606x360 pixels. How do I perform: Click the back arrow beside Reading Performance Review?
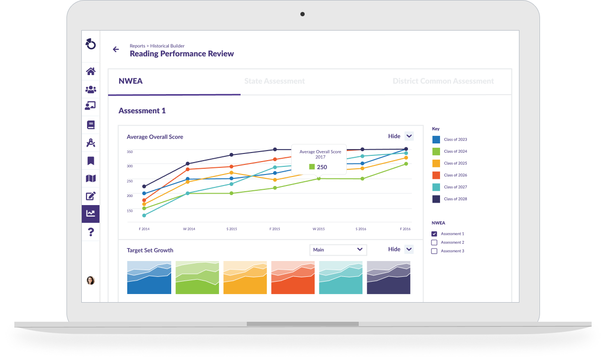click(116, 49)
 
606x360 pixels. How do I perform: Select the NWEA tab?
click(131, 81)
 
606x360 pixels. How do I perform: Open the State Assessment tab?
click(275, 81)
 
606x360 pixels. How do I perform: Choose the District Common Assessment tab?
click(443, 81)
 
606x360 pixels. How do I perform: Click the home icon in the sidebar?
click(90, 72)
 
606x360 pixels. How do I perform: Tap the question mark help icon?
click(90, 232)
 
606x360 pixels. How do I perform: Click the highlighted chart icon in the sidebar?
click(90, 214)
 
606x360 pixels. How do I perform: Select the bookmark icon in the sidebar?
click(90, 161)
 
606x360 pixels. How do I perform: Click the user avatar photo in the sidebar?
click(90, 280)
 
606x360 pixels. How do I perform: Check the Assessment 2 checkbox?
click(434, 242)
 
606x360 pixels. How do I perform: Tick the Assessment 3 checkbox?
click(434, 251)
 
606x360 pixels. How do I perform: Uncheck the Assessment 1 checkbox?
click(434, 234)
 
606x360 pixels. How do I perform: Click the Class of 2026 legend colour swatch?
click(436, 175)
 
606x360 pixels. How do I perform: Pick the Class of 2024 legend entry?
click(455, 152)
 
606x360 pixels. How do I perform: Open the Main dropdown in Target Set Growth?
click(338, 250)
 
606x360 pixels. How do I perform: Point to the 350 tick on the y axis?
click(130, 152)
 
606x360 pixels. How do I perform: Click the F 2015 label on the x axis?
click(275, 229)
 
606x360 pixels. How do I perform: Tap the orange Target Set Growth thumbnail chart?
click(245, 278)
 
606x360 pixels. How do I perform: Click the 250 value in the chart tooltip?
click(321, 167)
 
